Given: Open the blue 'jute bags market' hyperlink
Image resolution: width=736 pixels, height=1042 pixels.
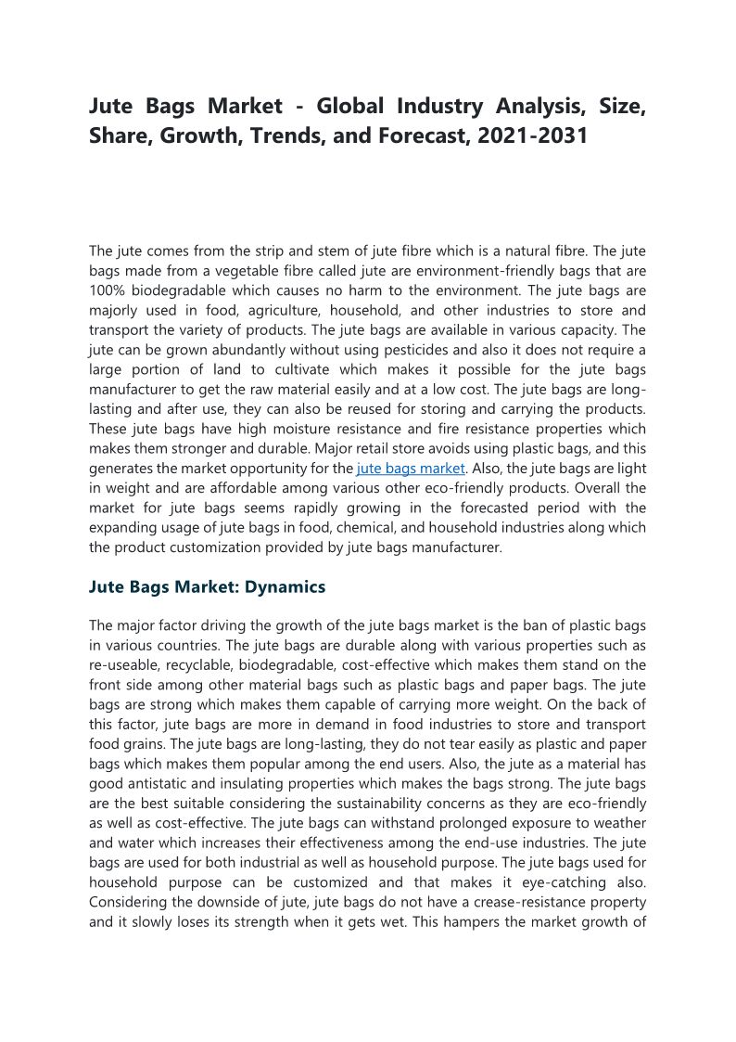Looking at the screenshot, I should [410, 469].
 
